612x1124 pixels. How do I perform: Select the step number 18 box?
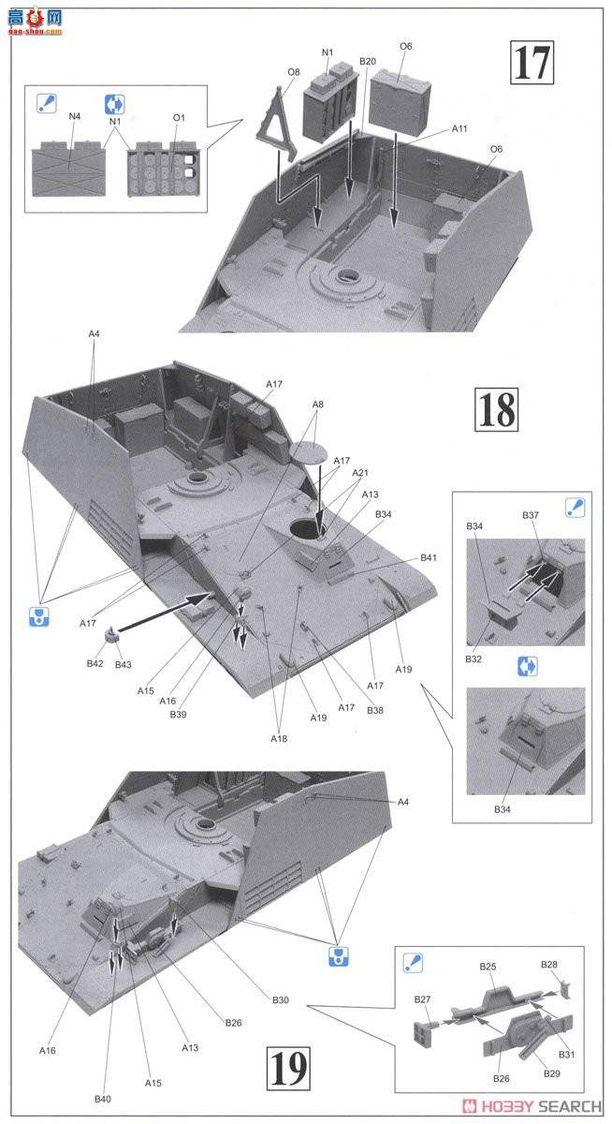(496, 408)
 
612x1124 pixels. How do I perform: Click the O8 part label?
(294, 71)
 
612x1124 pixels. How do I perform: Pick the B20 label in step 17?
(367, 62)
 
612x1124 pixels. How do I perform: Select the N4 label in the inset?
(75, 116)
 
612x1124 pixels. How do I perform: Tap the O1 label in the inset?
(178, 117)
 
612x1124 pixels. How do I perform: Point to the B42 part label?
(95, 663)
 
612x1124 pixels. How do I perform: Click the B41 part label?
(429, 558)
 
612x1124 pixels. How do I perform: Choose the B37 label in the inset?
(531, 515)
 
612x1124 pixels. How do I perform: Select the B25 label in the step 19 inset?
(488, 966)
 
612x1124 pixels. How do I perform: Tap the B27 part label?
(423, 999)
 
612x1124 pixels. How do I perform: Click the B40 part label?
(103, 1098)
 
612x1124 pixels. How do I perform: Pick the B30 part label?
(281, 1000)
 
